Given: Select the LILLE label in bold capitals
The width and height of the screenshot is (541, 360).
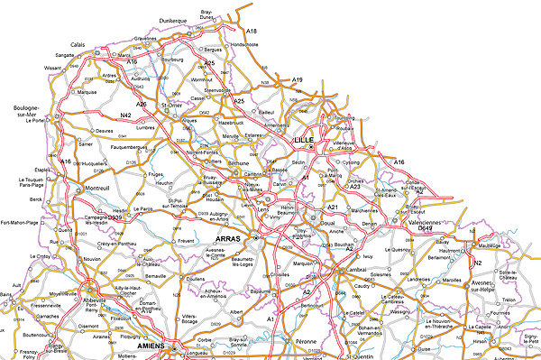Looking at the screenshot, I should click(304, 141).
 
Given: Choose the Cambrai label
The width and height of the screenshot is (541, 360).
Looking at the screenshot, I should click(354, 272).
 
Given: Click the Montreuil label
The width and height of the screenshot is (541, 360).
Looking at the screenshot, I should click(97, 188).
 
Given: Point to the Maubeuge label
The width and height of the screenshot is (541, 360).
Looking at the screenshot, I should click(491, 245).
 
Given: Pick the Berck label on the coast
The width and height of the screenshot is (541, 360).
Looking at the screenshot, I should click(36, 198).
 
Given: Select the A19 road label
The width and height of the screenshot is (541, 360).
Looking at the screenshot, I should click(297, 80).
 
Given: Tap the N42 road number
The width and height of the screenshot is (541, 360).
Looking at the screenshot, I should click(126, 116).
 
